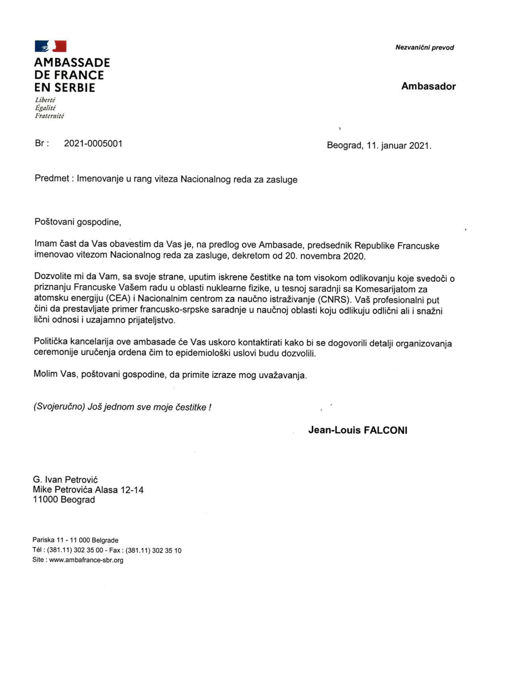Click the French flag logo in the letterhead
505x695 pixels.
coord(50,46)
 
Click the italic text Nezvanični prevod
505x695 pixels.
coord(424,48)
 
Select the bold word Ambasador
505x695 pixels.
coord(428,87)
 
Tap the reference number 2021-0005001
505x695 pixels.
coord(93,143)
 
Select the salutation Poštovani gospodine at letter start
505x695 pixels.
coord(78,222)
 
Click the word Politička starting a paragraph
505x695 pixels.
coord(50,341)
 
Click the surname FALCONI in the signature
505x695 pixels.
coord(385,430)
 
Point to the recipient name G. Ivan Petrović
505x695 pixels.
coord(65,479)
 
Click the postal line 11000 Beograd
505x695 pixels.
coord(64,500)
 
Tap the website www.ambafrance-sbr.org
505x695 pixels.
coord(86,560)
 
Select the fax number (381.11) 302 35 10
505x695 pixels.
coord(153,550)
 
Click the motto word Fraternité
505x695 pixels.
coord(49,116)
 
